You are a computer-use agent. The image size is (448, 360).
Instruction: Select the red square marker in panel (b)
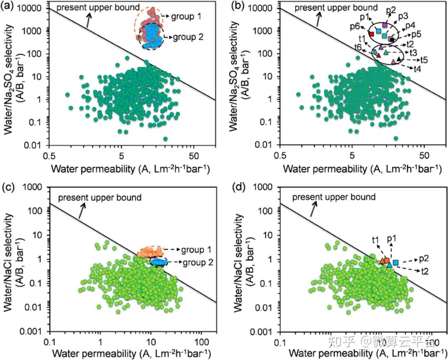coord(372,34)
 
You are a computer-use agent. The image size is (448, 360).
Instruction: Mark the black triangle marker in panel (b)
coord(399,60)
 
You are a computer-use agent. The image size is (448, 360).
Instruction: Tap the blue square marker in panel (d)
coord(396,262)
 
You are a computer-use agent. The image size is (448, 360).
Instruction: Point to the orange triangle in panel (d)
coord(382,261)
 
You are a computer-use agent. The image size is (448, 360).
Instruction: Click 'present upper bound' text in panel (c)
coord(100,197)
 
